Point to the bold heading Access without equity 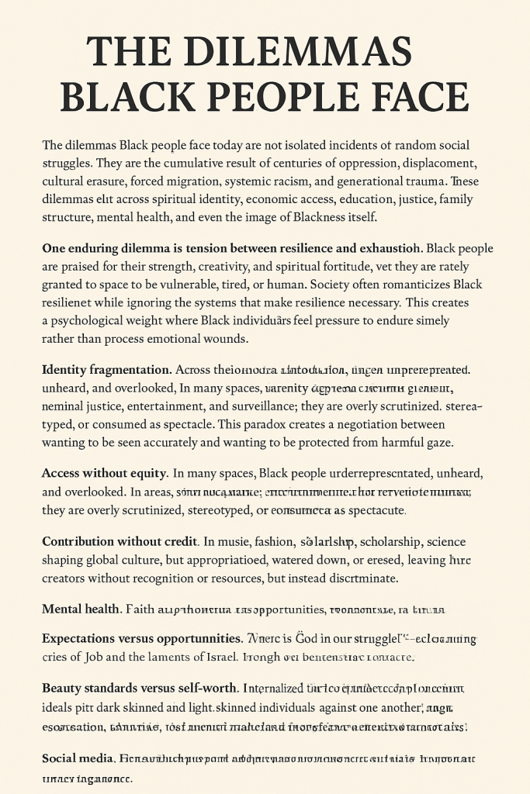(x=104, y=473)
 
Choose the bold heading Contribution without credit (x=120, y=541)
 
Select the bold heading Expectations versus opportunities (x=142, y=639)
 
